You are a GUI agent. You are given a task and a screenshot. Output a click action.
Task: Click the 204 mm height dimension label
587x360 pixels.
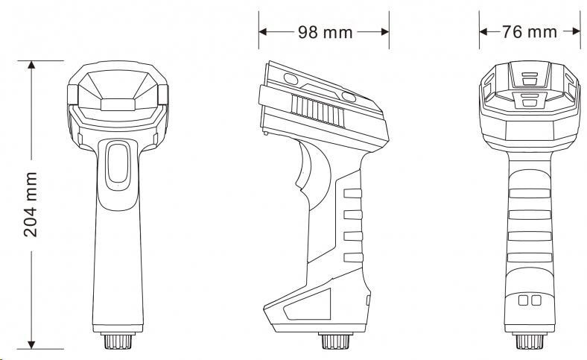pos(31,204)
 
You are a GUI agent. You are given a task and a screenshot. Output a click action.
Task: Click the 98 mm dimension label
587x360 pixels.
pos(326,33)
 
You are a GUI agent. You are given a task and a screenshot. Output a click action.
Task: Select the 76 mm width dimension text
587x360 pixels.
pos(530,32)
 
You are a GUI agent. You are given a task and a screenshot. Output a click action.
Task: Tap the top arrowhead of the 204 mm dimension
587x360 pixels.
pos(31,64)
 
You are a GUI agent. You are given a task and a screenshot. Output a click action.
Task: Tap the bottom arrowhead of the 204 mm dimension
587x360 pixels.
pos(31,344)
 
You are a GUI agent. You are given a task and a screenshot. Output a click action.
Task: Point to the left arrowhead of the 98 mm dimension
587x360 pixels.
pos(263,32)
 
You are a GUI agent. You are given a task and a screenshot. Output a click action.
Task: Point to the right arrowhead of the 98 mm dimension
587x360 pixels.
pos(385,32)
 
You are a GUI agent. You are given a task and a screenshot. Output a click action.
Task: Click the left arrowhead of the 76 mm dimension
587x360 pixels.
pos(483,31)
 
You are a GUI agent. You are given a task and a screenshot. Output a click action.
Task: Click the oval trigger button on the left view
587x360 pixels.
pos(118,165)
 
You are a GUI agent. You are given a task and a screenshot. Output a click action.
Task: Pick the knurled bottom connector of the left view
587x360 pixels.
pos(118,340)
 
